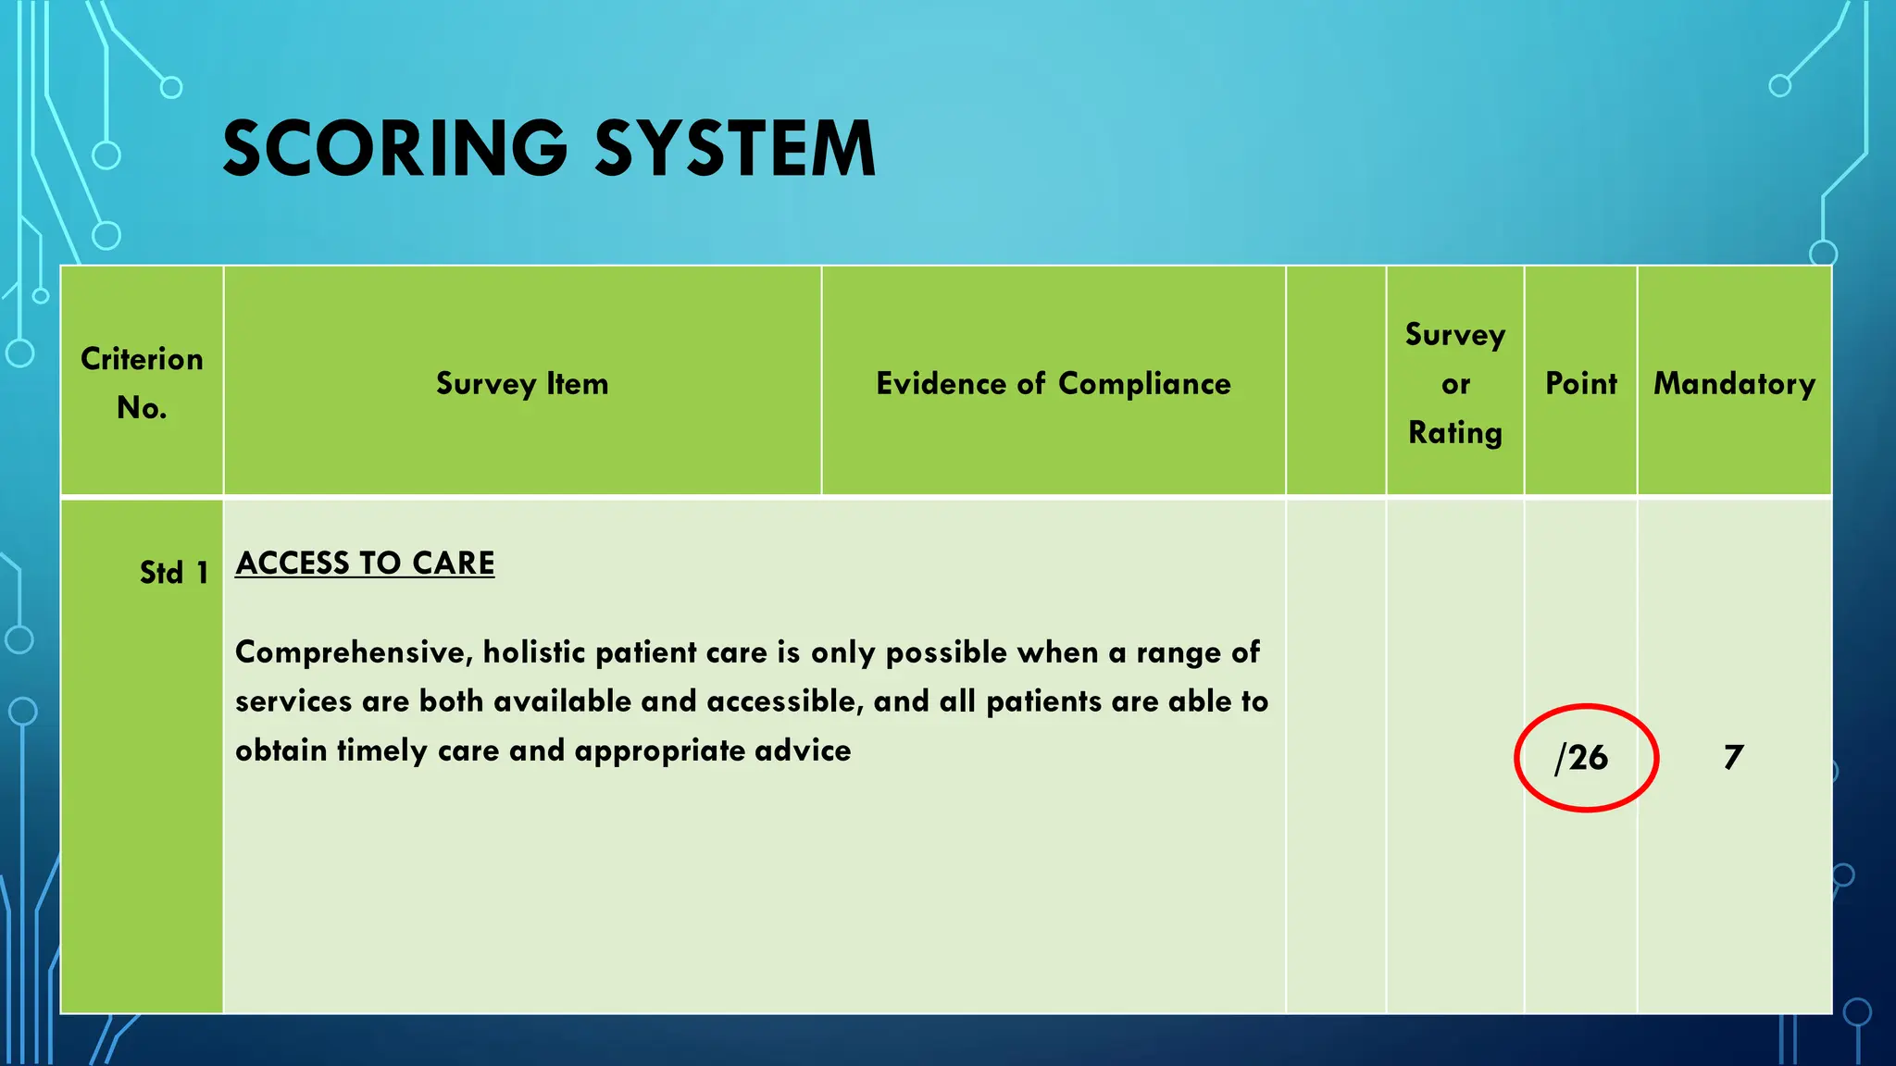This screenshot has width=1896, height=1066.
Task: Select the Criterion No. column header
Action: pyautogui.click(x=142, y=383)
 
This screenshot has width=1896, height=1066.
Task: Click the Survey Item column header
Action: pyautogui.click(x=522, y=383)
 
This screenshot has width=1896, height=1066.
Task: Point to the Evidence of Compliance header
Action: pyautogui.click(x=1054, y=383)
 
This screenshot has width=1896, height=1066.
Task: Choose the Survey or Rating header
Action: pyautogui.click(x=1455, y=383)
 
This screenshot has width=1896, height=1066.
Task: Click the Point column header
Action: pyautogui.click(x=1581, y=383)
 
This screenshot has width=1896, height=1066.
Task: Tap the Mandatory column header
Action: pyautogui.click(x=1734, y=383)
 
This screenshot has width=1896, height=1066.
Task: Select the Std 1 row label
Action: pyautogui.click(x=174, y=573)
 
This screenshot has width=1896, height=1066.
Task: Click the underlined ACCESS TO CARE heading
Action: pyautogui.click(x=365, y=563)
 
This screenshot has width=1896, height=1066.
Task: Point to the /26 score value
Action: pyautogui.click(x=1582, y=758)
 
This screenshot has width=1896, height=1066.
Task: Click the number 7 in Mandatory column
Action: pyautogui.click(x=1733, y=758)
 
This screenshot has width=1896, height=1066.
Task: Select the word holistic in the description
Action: pyautogui.click(x=534, y=652)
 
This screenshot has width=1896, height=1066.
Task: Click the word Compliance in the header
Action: pyautogui.click(x=1144, y=383)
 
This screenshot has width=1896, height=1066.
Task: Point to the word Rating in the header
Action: pyautogui.click(x=1455, y=432)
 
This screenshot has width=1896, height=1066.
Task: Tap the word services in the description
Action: pyautogui.click(x=293, y=701)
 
